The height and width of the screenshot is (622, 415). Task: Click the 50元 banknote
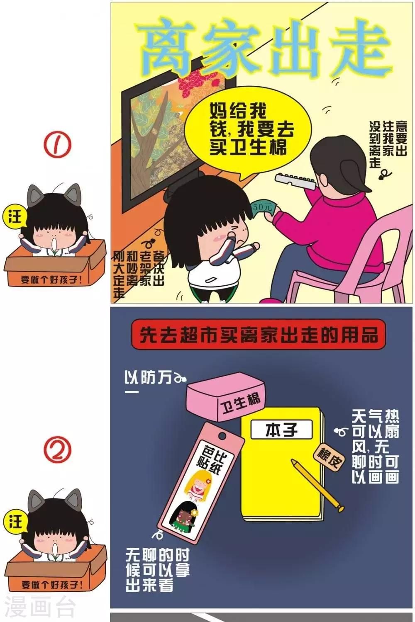(x=264, y=208)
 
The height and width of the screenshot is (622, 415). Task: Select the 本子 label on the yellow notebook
(x=281, y=430)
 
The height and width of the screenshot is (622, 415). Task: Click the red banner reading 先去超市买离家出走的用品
(x=258, y=335)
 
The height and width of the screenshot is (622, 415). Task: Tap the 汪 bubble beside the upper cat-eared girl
(x=15, y=216)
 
